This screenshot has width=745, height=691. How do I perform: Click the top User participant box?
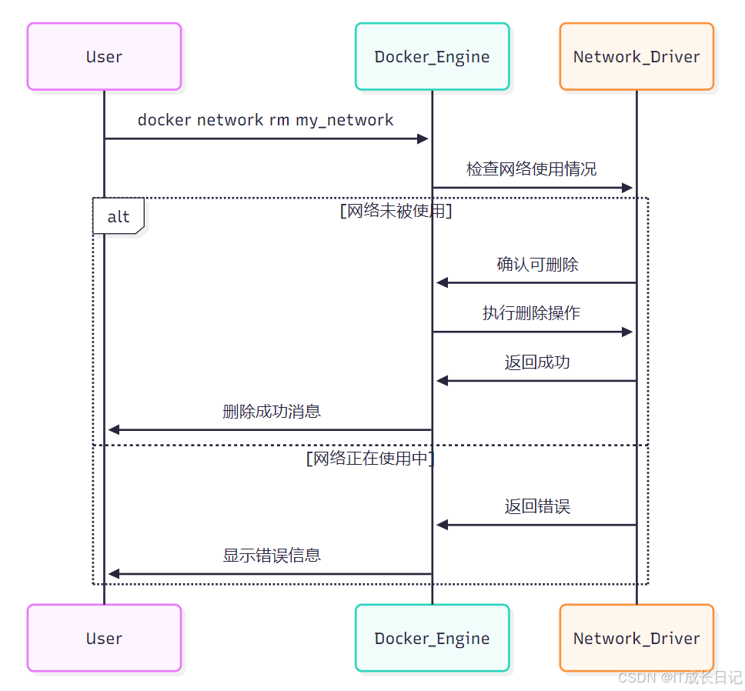(104, 56)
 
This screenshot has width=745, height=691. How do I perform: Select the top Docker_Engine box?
(432, 56)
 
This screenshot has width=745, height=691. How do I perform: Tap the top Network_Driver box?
(636, 56)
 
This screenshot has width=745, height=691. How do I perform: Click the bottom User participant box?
(104, 638)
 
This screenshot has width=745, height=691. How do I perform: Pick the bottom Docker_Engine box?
(432, 638)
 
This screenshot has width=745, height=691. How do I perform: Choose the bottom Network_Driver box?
(636, 638)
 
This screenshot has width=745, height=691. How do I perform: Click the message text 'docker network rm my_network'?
(266, 120)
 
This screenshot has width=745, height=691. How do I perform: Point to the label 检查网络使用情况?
(531, 169)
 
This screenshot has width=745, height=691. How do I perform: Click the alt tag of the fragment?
(119, 216)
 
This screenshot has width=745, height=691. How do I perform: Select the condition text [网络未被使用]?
(396, 211)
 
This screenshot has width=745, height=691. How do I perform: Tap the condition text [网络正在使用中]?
(370, 459)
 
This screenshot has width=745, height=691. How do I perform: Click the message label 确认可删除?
(537, 265)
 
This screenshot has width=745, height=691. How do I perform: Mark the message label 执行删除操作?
(531, 313)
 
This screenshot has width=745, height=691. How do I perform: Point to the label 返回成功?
(537, 362)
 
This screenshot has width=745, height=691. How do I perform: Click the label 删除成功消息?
(272, 412)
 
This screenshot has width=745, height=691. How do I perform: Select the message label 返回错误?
(537, 506)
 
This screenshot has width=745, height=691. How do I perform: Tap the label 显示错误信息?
(272, 556)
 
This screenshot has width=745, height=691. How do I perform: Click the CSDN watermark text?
(680, 677)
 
